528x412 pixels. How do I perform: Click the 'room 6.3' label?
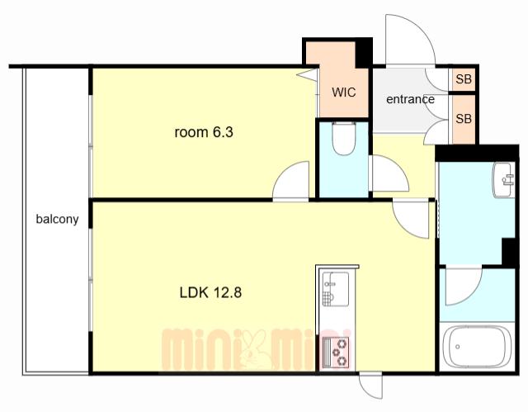point(204,132)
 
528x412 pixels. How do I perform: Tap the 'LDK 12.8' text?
point(210,292)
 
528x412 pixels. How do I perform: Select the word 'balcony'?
point(57,220)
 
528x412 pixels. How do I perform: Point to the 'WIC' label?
point(343,92)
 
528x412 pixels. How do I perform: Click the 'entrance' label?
point(410,99)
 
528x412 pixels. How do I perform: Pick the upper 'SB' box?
point(464,79)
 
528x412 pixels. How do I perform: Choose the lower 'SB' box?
point(464,119)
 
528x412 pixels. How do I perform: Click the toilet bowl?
point(343,139)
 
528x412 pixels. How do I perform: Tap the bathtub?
point(477,347)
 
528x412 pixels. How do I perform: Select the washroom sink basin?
point(504,179)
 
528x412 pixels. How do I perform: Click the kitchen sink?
point(336,289)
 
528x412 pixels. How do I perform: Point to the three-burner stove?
point(336,353)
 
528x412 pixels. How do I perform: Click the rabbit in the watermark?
point(256,349)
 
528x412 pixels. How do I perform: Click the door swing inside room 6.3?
point(290,182)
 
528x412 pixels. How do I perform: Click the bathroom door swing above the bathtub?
point(464,287)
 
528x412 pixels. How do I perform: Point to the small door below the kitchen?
point(371,386)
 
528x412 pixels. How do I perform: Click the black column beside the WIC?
point(364,53)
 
